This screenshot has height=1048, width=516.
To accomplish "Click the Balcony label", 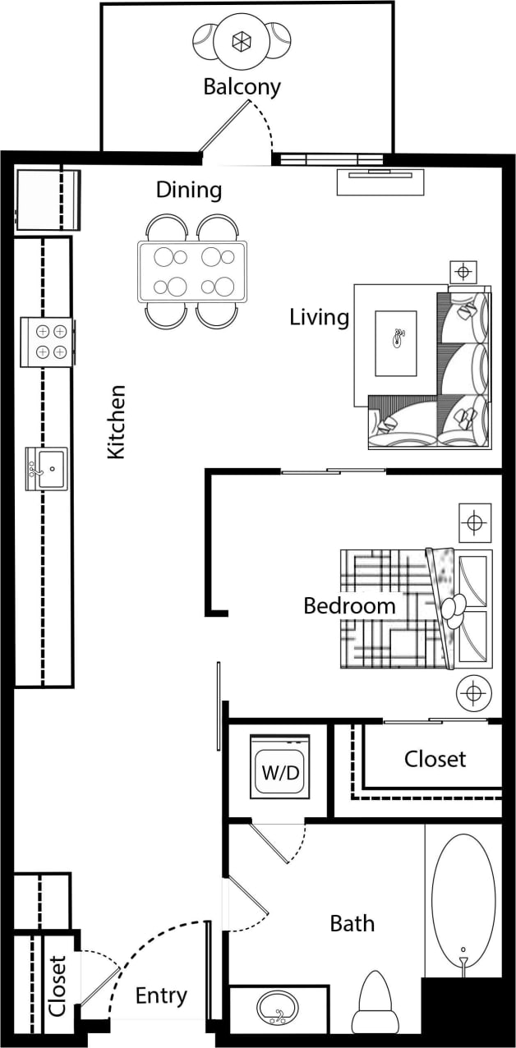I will (242, 86).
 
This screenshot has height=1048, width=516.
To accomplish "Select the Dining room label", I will (189, 191).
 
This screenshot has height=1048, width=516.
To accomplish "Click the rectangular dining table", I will (192, 271).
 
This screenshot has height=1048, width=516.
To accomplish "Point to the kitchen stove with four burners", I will (48, 342).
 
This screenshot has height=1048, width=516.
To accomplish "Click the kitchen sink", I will (47, 469).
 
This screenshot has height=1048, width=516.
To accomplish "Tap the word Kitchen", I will (117, 421).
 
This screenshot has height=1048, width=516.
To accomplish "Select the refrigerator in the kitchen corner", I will (48, 199).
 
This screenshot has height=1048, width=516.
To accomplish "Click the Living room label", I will (319, 317).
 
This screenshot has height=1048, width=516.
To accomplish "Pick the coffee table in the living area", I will (396, 343).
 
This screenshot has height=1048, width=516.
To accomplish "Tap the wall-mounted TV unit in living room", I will (380, 182).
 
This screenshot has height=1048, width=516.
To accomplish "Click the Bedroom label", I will (349, 606).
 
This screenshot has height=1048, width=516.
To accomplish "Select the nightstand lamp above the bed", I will (474, 522).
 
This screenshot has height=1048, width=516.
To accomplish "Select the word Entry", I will (161, 995).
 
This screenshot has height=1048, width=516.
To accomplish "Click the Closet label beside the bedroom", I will (435, 759).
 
